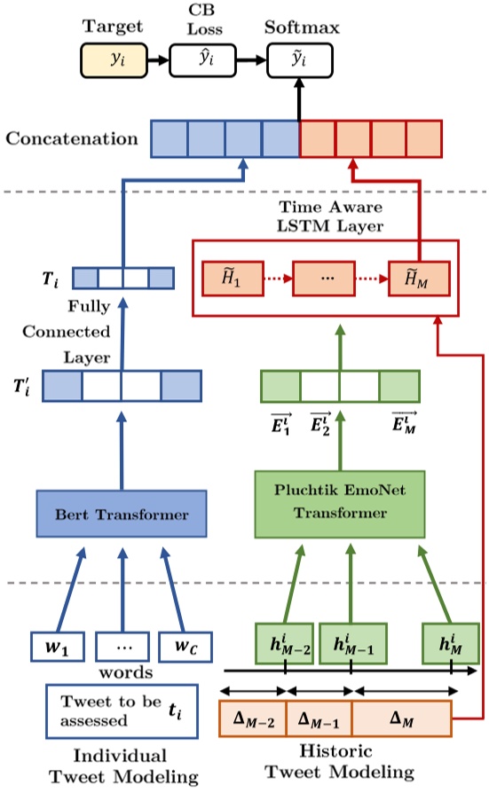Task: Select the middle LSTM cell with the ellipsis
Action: click(323, 280)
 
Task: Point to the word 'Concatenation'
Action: click(72, 139)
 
